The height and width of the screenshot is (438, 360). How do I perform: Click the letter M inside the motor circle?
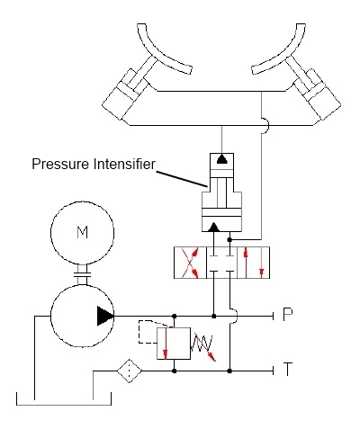click(x=83, y=232)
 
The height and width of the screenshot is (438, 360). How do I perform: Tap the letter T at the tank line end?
click(x=288, y=369)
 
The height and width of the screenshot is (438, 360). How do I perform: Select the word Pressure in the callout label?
click(x=61, y=165)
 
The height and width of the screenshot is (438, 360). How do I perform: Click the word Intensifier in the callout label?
click(x=124, y=164)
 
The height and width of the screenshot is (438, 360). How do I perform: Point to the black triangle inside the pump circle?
click(x=105, y=316)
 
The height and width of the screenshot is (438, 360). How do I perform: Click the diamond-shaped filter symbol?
click(x=130, y=371)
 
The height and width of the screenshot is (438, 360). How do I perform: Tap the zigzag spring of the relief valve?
click(x=202, y=344)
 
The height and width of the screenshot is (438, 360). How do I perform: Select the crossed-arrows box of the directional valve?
click(x=190, y=263)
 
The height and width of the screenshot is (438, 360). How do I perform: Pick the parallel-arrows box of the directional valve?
click(x=254, y=263)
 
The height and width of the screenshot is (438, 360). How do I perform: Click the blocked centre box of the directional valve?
click(x=222, y=263)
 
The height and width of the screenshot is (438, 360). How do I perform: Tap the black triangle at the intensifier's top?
click(x=221, y=159)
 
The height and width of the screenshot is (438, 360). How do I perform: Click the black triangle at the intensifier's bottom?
click(x=213, y=228)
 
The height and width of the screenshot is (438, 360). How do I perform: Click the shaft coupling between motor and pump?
click(x=82, y=274)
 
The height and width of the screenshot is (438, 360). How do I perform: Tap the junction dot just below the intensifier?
click(x=229, y=240)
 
